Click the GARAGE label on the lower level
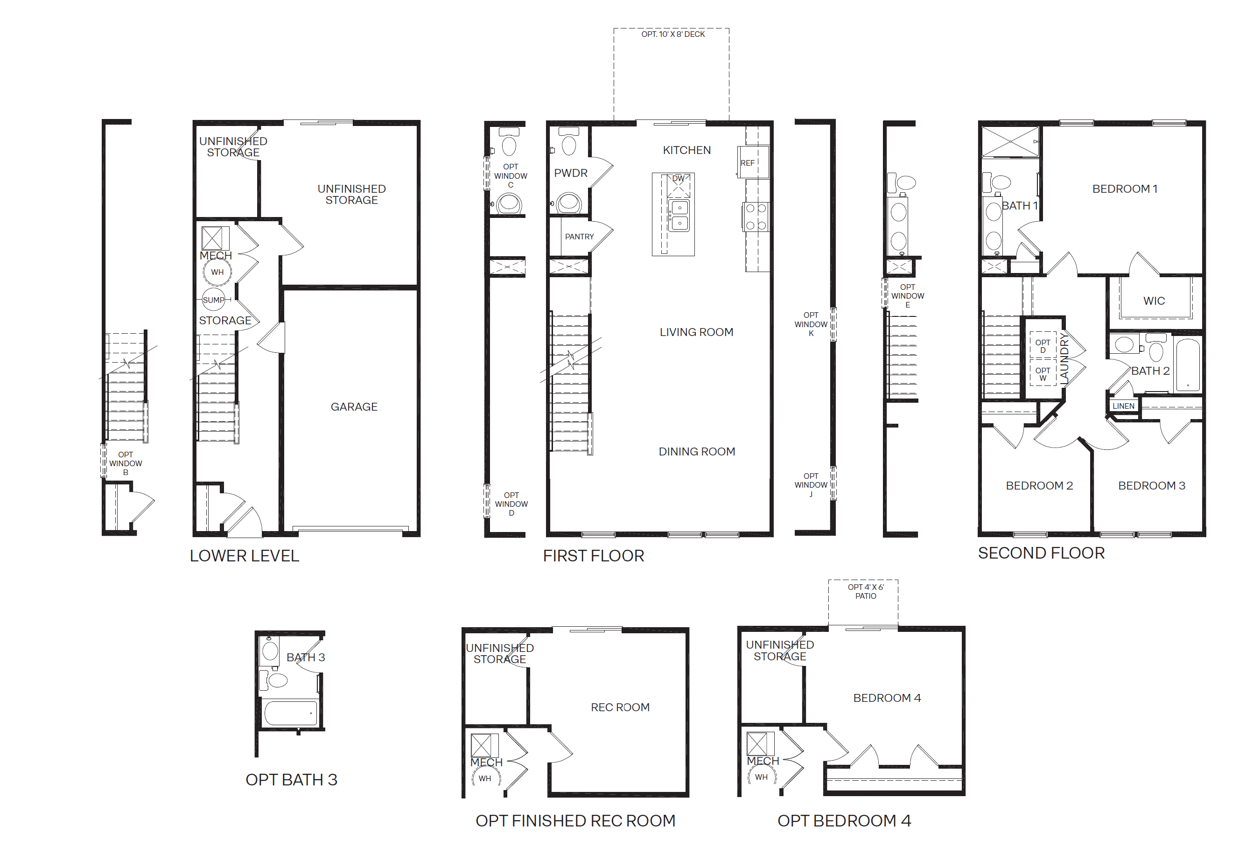pos(354,407)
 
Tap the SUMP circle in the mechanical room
pos(214,300)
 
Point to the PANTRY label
pos(579,237)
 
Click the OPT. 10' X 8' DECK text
pos(673,34)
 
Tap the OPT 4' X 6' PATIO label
pos(865,591)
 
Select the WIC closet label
pos(1154,301)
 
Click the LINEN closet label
pos(1123,406)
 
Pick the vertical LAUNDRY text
pos(1064,358)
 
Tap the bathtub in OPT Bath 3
pos(291,713)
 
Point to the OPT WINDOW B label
pos(126,463)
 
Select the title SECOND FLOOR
pos(1041,553)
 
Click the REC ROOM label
pos(620,707)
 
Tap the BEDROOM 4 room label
pos(887,698)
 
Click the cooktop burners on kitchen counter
pos(756,217)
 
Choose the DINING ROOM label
pos(697,452)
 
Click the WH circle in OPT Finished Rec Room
pos(485,778)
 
